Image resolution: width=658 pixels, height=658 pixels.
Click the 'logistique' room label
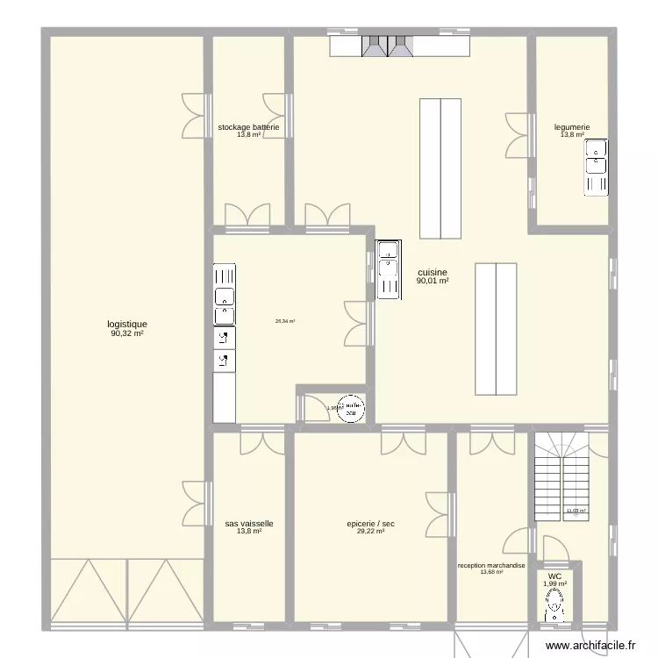127,324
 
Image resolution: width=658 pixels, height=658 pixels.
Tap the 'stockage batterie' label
249,127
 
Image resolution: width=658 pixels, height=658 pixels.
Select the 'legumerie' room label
572,127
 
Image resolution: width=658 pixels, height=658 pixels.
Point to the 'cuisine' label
433,273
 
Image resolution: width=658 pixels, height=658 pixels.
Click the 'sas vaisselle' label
249,524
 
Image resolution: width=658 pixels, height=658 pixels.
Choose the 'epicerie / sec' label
370,524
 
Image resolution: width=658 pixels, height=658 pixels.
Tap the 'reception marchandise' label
491,566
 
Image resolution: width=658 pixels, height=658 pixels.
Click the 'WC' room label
554,576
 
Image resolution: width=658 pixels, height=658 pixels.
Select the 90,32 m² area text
127,333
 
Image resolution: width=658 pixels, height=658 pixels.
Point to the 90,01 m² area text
433,282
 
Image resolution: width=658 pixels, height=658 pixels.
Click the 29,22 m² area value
370,532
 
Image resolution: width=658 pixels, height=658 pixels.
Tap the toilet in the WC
554,604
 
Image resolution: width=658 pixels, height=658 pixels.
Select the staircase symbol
562,478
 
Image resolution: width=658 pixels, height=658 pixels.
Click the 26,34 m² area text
285,321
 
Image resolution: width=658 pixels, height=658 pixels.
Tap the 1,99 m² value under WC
554,584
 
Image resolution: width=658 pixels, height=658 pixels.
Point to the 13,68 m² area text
491,573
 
